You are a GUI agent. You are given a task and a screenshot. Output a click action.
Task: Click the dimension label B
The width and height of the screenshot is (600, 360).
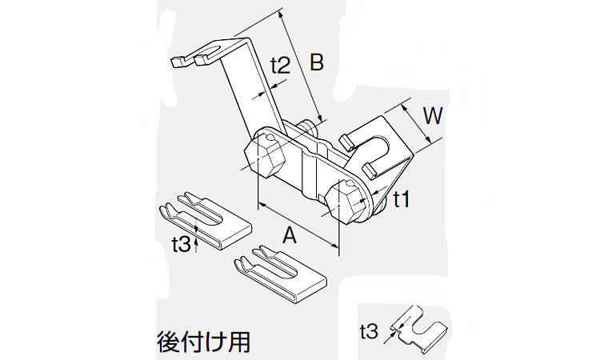point(316,62)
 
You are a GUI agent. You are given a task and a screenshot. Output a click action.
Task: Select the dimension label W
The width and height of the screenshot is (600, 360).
point(433,117)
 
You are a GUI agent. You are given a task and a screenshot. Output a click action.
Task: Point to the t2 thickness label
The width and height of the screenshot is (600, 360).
point(279,65)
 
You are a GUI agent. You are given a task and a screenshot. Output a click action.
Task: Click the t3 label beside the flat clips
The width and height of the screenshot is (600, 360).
point(182,244)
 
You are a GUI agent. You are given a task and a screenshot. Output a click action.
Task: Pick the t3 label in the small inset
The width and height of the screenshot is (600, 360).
point(369,329)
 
